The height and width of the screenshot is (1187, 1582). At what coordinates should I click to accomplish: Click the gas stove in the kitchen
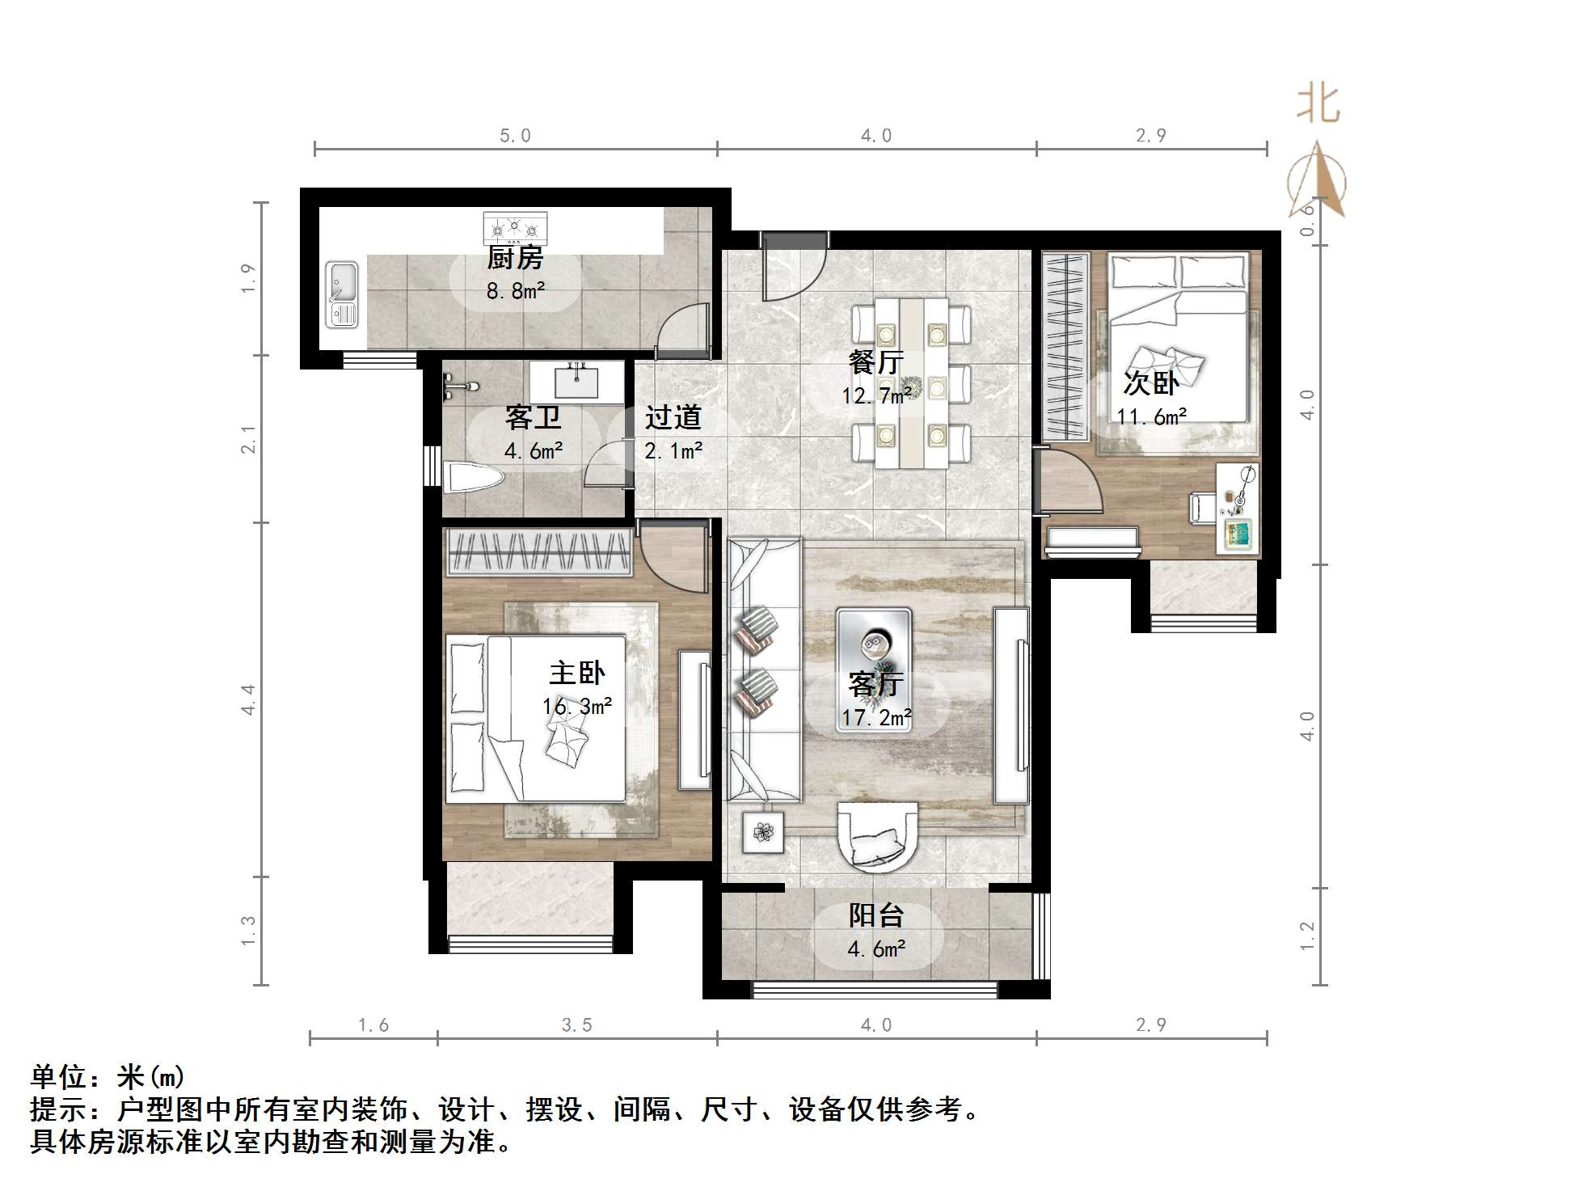515,228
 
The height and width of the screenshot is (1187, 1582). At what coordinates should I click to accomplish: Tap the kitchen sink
342,294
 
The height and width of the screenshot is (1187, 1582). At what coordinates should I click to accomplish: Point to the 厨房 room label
515,259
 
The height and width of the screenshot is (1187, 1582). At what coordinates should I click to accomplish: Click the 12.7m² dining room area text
877,395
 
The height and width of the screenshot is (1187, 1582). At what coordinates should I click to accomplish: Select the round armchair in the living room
878,837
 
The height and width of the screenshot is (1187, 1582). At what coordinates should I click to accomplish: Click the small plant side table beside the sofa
763,832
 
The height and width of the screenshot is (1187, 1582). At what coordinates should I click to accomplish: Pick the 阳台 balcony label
876,916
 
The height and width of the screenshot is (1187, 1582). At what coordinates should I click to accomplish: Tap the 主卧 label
576,673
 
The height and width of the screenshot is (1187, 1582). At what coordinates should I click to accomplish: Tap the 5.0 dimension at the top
515,136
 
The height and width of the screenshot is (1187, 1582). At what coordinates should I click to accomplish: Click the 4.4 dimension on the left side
249,699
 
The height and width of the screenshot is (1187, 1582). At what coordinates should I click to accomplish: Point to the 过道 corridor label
673,418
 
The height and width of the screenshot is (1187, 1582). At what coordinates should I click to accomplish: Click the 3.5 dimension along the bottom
577,1025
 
